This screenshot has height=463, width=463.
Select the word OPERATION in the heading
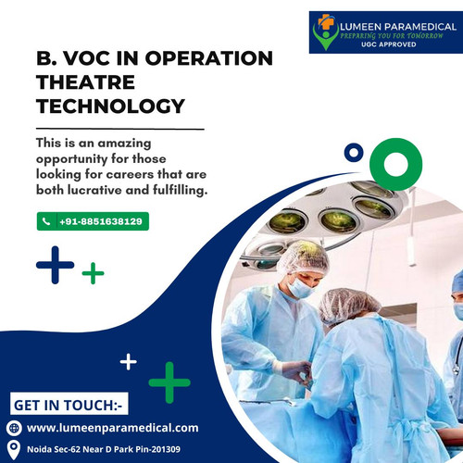coord(206,58)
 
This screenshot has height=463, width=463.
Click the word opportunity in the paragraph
coord(80,159)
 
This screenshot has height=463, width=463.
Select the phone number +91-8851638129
coord(101,221)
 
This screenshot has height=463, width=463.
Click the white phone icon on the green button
coord(46,221)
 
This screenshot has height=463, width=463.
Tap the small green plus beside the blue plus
coord(93,273)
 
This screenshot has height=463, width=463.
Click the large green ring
coord(383,165)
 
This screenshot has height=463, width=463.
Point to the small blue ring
coord(352,151)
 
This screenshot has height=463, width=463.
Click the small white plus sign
coord(128,360)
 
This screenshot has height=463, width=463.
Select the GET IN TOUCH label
coord(69,405)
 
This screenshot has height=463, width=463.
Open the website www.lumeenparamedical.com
coord(113,428)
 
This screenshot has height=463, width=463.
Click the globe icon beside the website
coord(13,428)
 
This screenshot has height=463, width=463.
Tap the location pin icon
coord(13,449)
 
